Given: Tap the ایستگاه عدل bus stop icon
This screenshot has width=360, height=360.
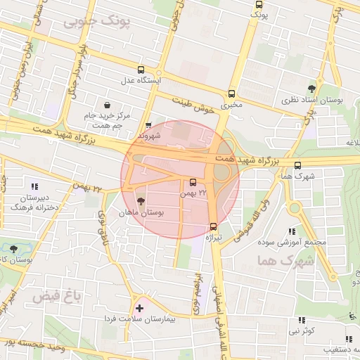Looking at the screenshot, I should tap(141, 70).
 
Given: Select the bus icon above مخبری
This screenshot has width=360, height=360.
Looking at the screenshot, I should tap(232, 93).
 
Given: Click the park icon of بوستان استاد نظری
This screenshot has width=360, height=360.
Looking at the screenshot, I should tap(311, 89).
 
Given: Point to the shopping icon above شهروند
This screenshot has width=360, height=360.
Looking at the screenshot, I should tap(148, 124).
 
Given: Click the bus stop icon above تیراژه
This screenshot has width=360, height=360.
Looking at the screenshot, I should tap(213, 226).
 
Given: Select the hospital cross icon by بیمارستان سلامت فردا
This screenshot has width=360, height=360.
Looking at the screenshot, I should tap(139, 308).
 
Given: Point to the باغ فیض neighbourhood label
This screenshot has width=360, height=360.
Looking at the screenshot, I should tap(57, 297).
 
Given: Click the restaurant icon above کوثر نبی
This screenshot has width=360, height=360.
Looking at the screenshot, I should tap(302, 320).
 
